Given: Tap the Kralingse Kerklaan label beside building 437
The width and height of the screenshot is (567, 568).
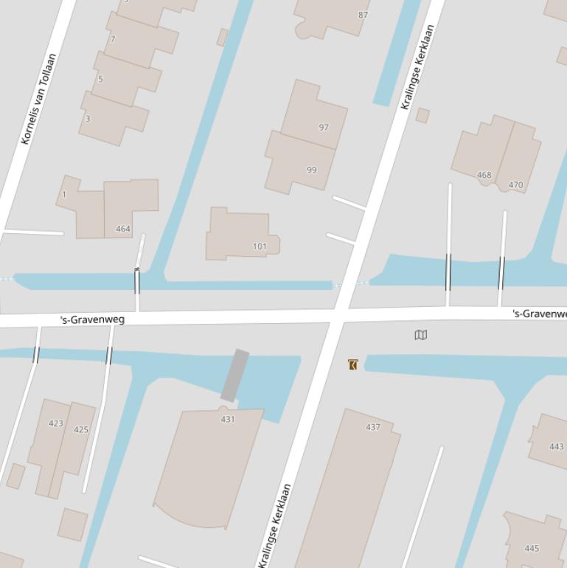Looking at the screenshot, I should pos(275,525).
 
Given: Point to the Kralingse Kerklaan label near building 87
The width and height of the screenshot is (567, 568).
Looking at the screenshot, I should pos(417,68).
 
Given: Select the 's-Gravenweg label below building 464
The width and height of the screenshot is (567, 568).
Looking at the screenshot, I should pos(92,319).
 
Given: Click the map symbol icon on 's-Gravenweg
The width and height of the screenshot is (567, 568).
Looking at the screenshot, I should pos(421,335).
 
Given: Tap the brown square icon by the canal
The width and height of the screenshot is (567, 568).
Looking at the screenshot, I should pos(352,364).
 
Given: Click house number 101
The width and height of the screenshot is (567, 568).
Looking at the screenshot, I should pos(260,246).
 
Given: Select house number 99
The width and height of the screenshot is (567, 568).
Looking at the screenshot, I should pos(311,170).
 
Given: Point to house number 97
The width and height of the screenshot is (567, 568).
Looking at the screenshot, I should pos(323,128).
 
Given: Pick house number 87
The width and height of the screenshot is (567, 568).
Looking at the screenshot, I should pos(363,15).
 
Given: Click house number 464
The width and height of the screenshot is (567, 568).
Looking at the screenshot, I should pos(123,229).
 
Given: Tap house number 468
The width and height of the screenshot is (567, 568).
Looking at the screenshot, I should pos(484,175).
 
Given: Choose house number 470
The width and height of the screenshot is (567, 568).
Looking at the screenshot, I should pos(515,185).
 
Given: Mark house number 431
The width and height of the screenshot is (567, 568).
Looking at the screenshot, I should pos(228,419).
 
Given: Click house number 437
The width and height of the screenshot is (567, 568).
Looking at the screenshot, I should pos(373,427).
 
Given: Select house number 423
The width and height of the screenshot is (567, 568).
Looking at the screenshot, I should pos(56,423).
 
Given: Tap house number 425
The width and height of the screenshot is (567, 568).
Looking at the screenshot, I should pos(81,429).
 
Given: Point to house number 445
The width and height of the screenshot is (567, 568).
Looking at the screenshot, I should pos(532,548).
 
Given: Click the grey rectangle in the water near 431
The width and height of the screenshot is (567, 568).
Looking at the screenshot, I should pos(234,375).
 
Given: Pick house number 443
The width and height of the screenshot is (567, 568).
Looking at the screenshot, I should pos(557,446).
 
